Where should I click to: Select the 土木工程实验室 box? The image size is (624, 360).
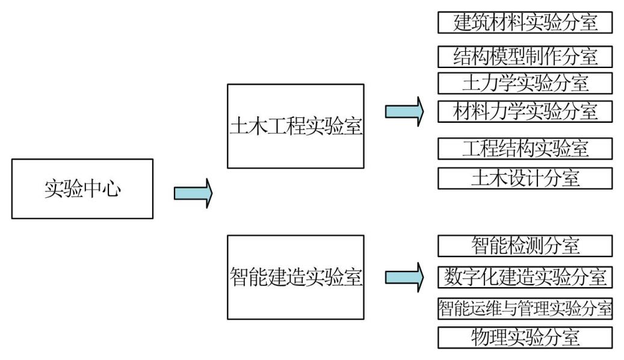pos(295,126)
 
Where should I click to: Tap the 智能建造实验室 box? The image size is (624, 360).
pos(295,277)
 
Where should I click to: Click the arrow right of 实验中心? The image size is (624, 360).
pos(193,193)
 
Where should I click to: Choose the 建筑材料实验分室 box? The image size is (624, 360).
pos(525,22)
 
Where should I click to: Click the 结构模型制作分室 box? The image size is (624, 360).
pos(525,57)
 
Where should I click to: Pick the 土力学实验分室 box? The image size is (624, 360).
pos(525,82)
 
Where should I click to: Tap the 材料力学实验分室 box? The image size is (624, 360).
pos(525,111)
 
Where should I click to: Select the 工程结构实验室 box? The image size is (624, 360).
pos(525,148)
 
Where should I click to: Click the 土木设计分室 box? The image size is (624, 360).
pos(525,178)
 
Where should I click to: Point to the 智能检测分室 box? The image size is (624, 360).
pos(525,246)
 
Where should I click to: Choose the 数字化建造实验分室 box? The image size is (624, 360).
pos(525,278)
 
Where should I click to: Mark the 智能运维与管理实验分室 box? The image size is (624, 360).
pos(525,308)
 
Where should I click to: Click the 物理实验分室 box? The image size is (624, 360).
pos(525,338)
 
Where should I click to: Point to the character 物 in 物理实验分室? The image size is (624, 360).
pos(480,338)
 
